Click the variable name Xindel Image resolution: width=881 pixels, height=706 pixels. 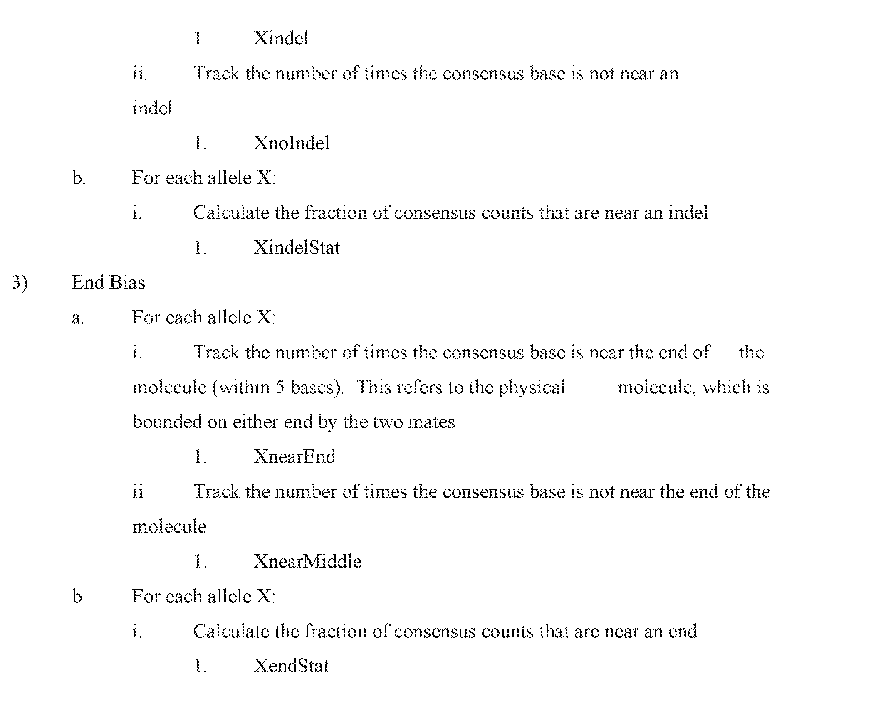tap(281, 39)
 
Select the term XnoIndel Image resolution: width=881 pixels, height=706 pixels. tap(291, 143)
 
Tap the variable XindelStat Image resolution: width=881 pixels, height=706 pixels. tap(297, 248)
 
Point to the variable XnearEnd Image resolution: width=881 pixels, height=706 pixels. tap(294, 457)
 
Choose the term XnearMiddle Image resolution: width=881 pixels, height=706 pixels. tap(307, 562)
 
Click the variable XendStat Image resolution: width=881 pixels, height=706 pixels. tap(291, 666)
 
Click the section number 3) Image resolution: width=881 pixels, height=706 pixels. tap(19, 283)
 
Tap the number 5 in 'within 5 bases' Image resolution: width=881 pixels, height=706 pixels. tap(280, 388)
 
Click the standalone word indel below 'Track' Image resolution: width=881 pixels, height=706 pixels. tap(152, 109)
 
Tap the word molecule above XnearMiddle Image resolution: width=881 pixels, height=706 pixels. tap(169, 527)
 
